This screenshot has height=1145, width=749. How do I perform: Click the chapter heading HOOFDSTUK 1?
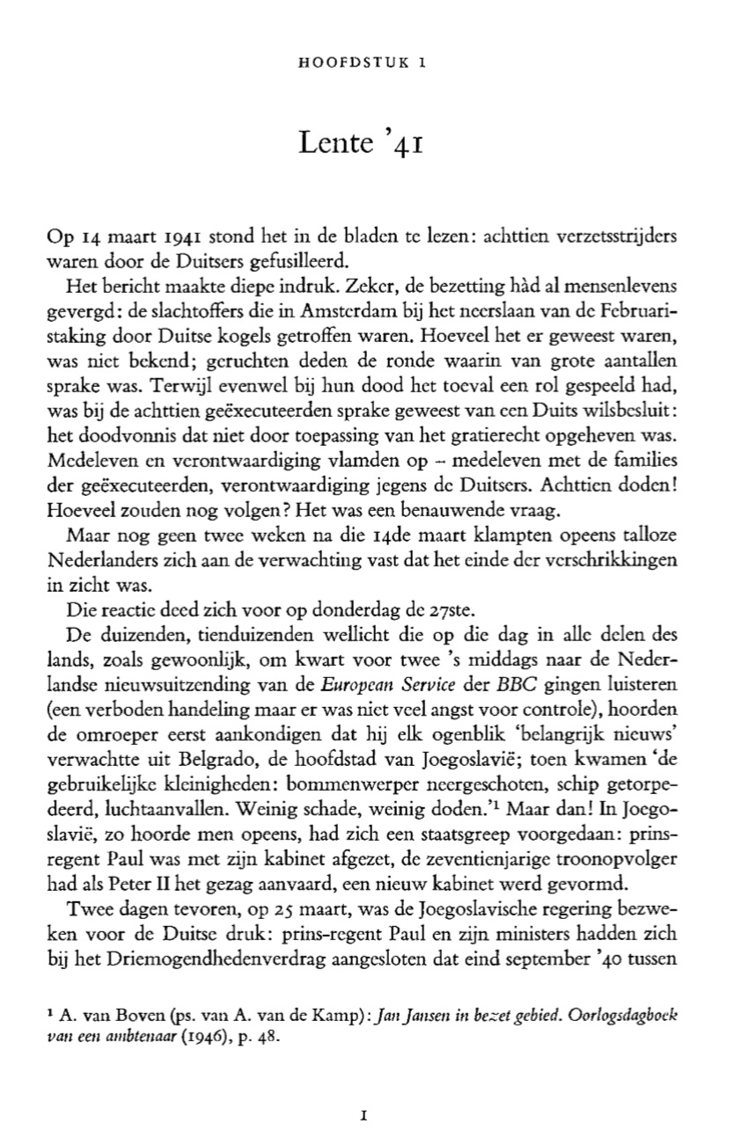point(363,62)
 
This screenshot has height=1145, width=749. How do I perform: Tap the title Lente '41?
point(363,142)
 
